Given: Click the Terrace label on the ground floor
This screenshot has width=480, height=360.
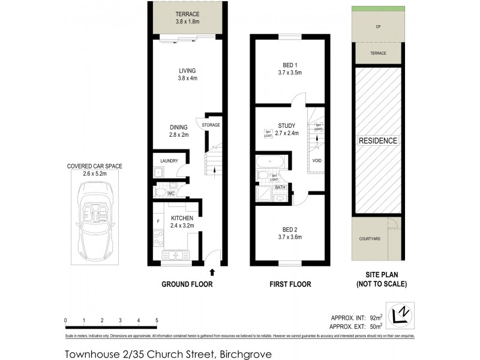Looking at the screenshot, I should [187, 14].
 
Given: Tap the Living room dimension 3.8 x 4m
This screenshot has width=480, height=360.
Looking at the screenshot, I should [187, 78].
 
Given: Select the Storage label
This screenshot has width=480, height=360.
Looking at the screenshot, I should [211, 125].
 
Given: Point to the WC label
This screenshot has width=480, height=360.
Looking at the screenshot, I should [171, 193].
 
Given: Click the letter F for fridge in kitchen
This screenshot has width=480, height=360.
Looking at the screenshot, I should [158, 222].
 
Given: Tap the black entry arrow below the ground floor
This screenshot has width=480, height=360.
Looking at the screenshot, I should [211, 272].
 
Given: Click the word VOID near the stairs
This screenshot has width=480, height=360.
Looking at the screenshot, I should [316, 161].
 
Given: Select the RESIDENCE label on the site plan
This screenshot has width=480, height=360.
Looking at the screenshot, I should [378, 141].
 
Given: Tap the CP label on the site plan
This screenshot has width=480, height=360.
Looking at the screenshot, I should [378, 27].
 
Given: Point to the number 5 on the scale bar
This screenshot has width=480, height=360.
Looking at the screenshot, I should [157, 320].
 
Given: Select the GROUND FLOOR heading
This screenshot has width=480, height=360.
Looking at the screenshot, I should [187, 284].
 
